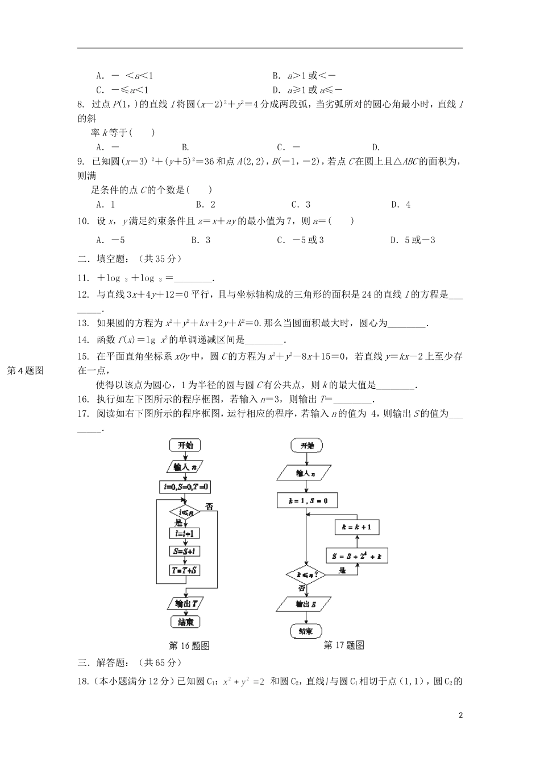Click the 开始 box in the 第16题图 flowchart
[x=185, y=446]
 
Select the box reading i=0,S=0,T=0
[x=185, y=487]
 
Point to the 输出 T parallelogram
[x=185, y=604]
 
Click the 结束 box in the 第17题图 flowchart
[x=306, y=631]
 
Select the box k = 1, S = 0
[x=306, y=501]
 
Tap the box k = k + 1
[x=356, y=527]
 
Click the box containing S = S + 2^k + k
[x=357, y=556]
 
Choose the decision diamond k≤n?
[x=306, y=575]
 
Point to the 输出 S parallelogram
[x=306, y=604]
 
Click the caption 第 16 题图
[x=190, y=645]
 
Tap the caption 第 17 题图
[x=343, y=645]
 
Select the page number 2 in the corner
[x=461, y=715]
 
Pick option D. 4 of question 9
[x=401, y=205]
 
